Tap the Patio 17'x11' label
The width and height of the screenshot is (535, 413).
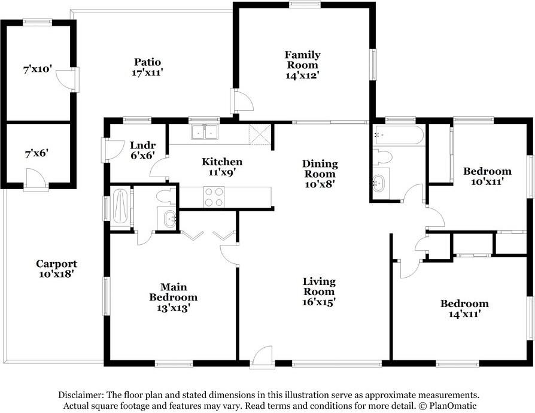click(x=147, y=67)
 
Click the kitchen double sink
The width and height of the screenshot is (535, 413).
click(x=205, y=132)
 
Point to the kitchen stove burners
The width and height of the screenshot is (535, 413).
click(x=214, y=197)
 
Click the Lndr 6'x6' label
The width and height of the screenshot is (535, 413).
click(x=142, y=150)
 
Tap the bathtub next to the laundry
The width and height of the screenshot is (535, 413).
click(x=120, y=208)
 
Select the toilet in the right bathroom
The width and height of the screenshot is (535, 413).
click(x=382, y=157)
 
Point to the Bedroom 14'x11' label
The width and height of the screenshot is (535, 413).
click(x=464, y=308)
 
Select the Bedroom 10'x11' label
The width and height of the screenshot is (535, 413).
click(x=487, y=176)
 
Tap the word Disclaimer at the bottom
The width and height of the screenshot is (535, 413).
click(x=81, y=395)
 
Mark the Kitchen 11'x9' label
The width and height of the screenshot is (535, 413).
click(x=221, y=167)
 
